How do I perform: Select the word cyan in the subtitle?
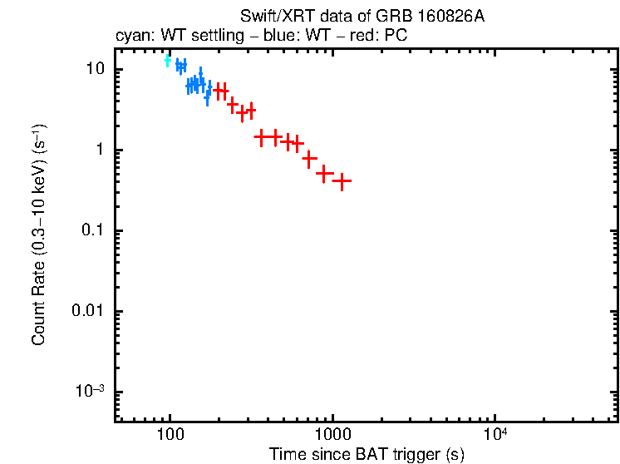(130, 37)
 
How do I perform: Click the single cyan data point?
(168, 60)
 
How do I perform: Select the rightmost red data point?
(342, 180)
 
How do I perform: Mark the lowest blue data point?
(208, 97)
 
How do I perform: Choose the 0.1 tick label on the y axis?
(91, 230)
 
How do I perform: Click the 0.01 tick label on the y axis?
(88, 311)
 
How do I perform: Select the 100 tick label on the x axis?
(170, 435)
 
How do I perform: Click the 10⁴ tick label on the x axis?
(495, 433)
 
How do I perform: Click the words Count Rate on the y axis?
(39, 303)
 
